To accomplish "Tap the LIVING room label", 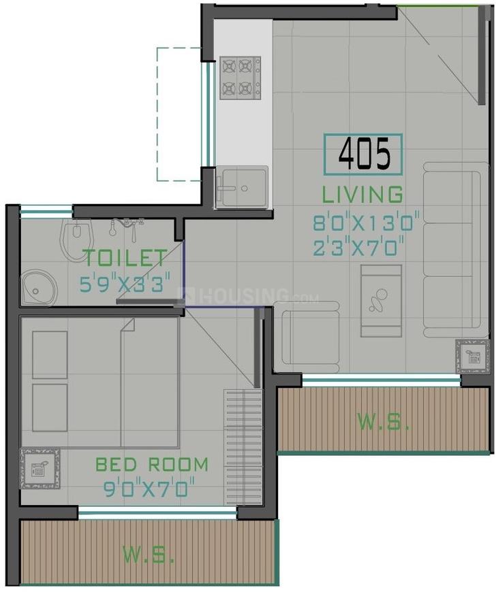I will tap(362, 194).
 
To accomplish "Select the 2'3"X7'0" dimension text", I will tap(363, 247).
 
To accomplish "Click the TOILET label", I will tap(125, 258).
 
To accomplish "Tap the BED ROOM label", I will tap(151, 465).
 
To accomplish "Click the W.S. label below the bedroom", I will tap(149, 554).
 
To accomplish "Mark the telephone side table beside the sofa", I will tap(473, 355).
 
